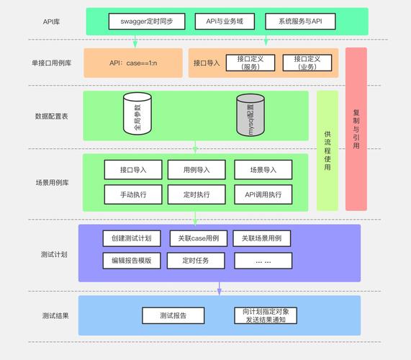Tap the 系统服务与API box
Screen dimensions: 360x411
294,22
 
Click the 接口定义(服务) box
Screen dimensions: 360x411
250,63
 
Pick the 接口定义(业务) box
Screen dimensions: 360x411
307,63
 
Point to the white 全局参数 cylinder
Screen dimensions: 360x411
137,114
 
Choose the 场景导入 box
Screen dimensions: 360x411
263,170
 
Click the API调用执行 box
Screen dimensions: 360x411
263,194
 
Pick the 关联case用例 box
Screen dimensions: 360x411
199,238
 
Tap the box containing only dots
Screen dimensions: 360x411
263,260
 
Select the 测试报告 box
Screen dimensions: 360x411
173,315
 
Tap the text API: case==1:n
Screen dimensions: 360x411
133,63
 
